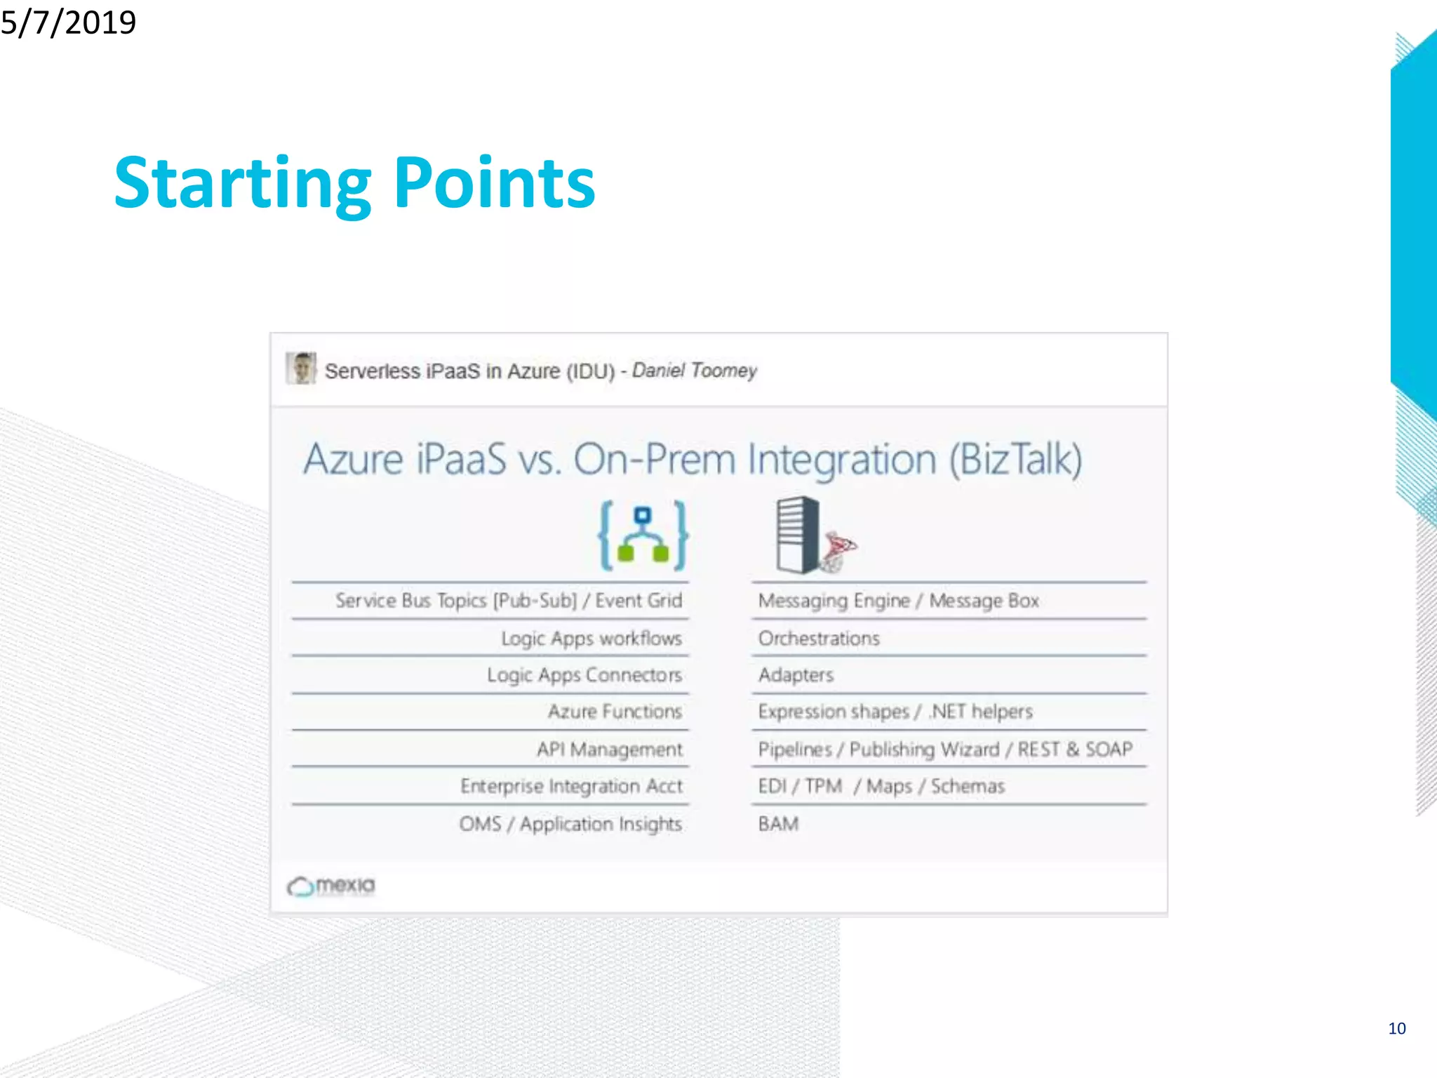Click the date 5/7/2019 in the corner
point(68,22)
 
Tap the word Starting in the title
point(242,184)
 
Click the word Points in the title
point(495,184)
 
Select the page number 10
point(1396,1028)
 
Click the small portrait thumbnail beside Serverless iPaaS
point(301,368)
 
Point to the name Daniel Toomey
point(694,370)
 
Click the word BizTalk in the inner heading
point(1015,460)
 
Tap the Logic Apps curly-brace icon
point(643,535)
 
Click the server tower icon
point(800,535)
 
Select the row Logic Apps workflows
point(591,638)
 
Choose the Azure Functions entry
point(615,712)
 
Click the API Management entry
point(609,750)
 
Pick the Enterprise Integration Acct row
point(571,786)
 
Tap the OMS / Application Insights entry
point(570,824)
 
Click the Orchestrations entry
point(818,638)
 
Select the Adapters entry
point(796,675)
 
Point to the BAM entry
point(778,824)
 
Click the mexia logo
point(331,886)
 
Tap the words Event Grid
point(639,601)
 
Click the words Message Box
point(984,601)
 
